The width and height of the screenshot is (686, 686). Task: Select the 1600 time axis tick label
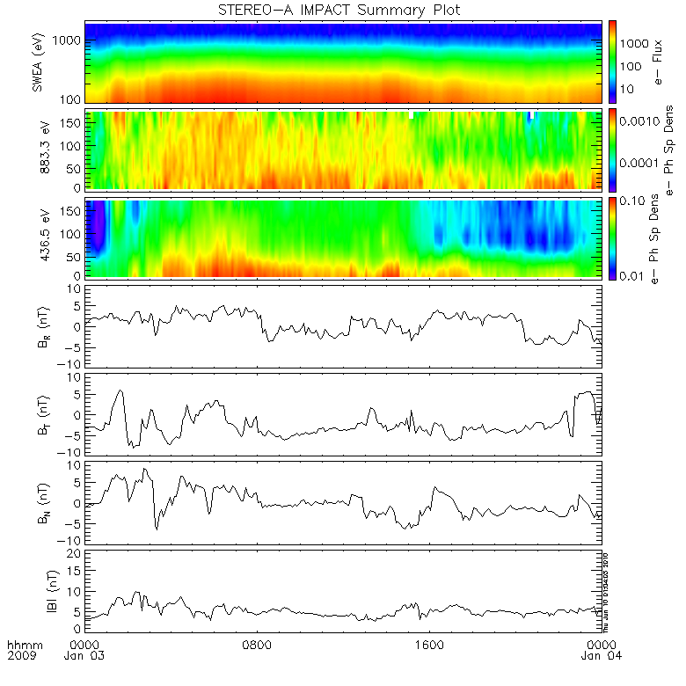[x=430, y=644]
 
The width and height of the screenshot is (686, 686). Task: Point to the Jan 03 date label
[x=86, y=655]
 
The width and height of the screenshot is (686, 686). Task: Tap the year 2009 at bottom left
[x=19, y=655]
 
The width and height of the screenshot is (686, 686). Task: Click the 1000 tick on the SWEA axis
[x=70, y=41]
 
